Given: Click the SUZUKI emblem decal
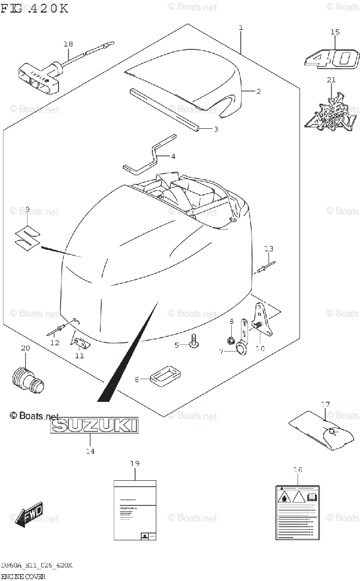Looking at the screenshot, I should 94,426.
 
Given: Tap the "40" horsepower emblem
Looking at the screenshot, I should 332,59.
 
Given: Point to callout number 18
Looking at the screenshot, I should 68,44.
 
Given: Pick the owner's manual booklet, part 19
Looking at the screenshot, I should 135,510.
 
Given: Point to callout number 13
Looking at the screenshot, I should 269,248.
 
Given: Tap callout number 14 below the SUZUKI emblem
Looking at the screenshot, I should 90,451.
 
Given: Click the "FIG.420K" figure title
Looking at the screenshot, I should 35,8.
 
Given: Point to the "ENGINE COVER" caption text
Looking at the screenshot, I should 23,576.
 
